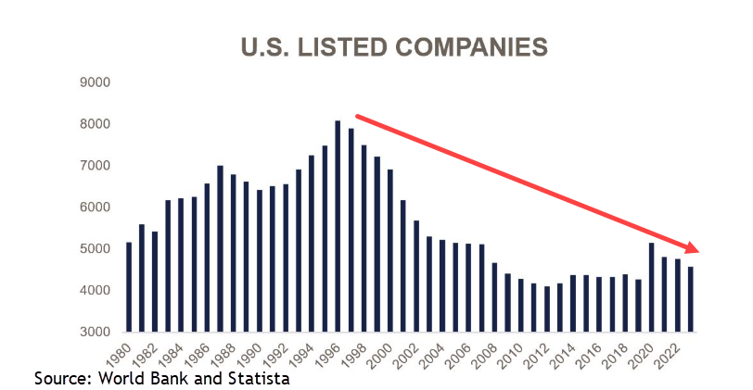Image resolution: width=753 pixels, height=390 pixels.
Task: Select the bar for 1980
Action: click(x=129, y=287)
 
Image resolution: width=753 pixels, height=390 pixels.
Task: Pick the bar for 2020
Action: click(x=651, y=287)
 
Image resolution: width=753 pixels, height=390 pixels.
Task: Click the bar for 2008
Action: click(x=494, y=297)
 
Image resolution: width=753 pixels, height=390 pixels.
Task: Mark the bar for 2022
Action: click(x=678, y=296)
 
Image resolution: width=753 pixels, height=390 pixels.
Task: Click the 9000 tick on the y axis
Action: click(x=96, y=82)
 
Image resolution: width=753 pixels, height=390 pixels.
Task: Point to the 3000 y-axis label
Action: click(x=96, y=332)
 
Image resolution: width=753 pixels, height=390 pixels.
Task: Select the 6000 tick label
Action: click(x=96, y=208)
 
